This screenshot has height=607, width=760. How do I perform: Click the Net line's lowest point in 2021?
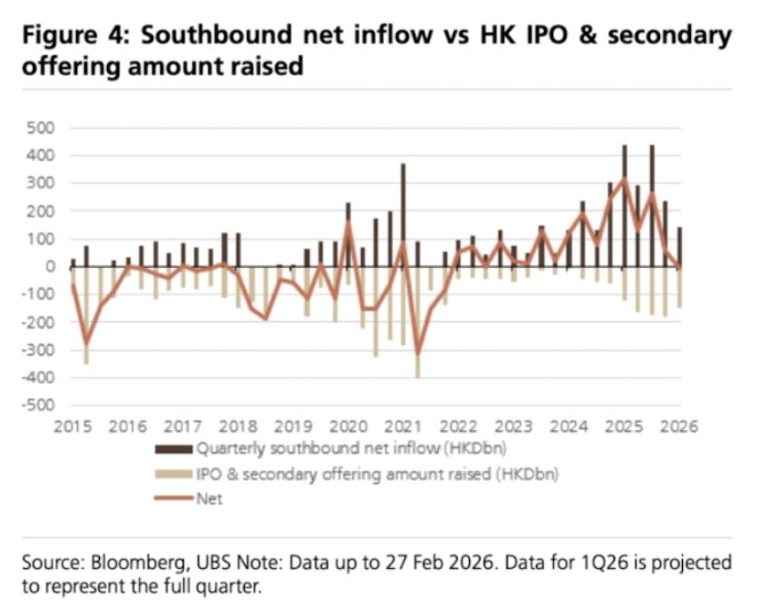417,353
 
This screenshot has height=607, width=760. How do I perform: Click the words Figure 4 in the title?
74,36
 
